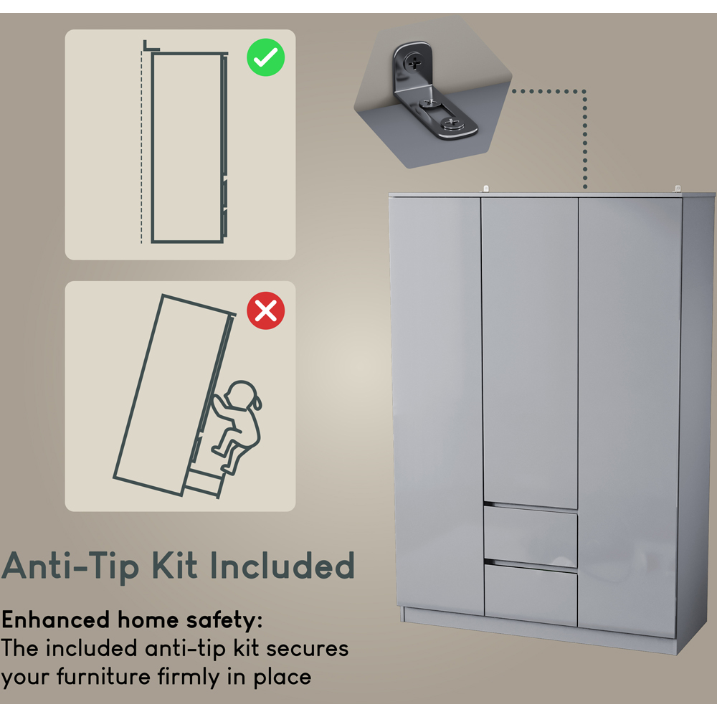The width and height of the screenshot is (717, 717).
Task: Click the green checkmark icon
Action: click(265, 59)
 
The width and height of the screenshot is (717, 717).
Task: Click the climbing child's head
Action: click(240, 397)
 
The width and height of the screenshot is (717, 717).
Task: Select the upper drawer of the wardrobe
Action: click(530, 537)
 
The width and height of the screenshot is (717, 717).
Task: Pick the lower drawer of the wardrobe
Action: click(530, 595)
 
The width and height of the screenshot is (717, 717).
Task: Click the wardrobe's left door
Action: click(436, 402)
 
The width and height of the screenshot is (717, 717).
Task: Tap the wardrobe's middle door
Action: click(530, 351)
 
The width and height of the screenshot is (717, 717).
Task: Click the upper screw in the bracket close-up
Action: click(415, 62)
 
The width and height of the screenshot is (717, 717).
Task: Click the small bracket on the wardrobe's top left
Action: click(485, 189)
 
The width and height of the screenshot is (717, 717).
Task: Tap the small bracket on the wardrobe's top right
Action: click(677, 189)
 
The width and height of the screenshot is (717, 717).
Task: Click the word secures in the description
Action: click(308, 648)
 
